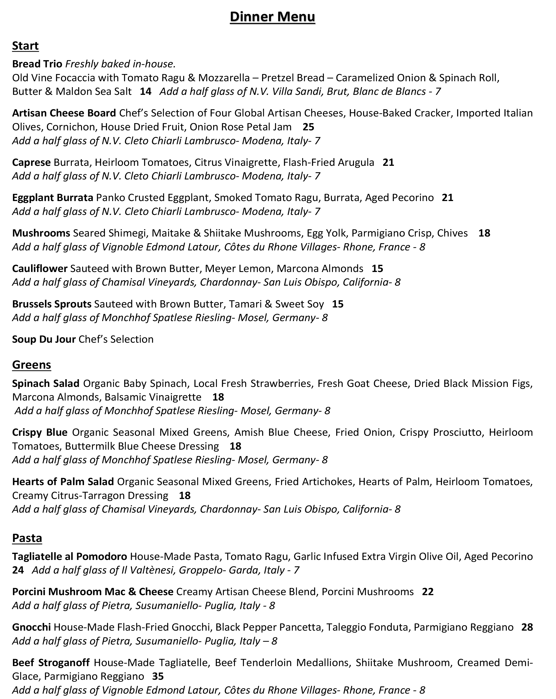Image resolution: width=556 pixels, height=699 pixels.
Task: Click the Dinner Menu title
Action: click(x=272, y=17)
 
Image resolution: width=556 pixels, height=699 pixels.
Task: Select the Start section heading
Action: click(x=25, y=46)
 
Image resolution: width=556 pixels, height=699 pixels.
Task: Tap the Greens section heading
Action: click(x=31, y=365)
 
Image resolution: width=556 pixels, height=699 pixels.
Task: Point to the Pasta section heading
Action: click(x=27, y=538)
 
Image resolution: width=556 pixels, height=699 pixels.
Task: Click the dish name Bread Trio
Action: click(x=37, y=64)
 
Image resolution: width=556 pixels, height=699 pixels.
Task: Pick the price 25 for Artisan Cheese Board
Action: click(x=308, y=127)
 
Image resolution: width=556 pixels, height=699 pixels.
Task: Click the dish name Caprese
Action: click(x=31, y=162)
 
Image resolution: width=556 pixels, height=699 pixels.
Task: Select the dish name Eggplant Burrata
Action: click(x=52, y=197)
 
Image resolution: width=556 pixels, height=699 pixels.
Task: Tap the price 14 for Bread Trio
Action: click(x=146, y=92)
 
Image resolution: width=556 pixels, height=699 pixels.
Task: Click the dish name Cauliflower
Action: click(x=40, y=268)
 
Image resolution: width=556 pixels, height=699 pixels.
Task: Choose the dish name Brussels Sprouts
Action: click(x=51, y=304)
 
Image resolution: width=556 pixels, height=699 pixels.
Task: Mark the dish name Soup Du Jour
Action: click(x=44, y=339)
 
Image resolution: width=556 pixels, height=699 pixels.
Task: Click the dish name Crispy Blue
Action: click(x=40, y=432)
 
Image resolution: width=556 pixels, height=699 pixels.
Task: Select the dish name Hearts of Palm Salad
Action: click(x=63, y=482)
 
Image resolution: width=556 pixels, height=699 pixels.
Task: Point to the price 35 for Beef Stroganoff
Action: click(x=158, y=676)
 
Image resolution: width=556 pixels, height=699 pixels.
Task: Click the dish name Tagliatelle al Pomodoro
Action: click(x=69, y=556)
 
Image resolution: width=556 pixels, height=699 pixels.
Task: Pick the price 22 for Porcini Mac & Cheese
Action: click(x=428, y=592)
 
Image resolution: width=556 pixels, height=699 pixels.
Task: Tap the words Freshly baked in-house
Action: click(x=120, y=64)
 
